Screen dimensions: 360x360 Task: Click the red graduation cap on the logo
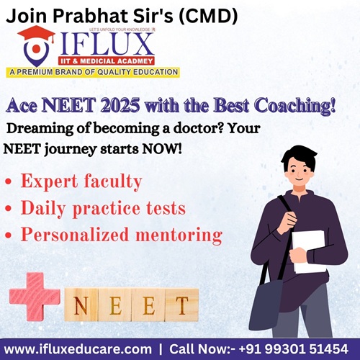pyautogui.click(x=37, y=35)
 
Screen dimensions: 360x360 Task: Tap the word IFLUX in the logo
pyautogui.click(x=107, y=45)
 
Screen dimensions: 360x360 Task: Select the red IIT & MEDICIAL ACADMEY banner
pyautogui.click(x=107, y=61)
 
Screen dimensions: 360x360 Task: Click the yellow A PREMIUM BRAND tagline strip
pyautogui.click(x=93, y=72)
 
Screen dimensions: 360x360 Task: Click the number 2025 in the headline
pyautogui.click(x=120, y=105)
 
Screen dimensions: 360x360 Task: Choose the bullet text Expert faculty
pyautogui.click(x=81, y=181)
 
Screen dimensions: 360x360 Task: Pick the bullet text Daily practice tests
pyautogui.click(x=103, y=208)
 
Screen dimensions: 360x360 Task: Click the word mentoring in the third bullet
pyautogui.click(x=179, y=235)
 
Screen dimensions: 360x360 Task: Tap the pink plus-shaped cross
pyautogui.click(x=35, y=297)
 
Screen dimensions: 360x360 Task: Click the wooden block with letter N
pyautogui.click(x=81, y=305)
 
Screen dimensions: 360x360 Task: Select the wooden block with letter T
pyautogui.click(x=182, y=305)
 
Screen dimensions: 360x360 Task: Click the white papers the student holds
pyautogui.click(x=309, y=251)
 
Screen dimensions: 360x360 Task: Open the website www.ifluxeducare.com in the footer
pyautogui.click(x=78, y=349)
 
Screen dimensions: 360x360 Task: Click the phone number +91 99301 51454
pyautogui.click(x=294, y=348)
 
